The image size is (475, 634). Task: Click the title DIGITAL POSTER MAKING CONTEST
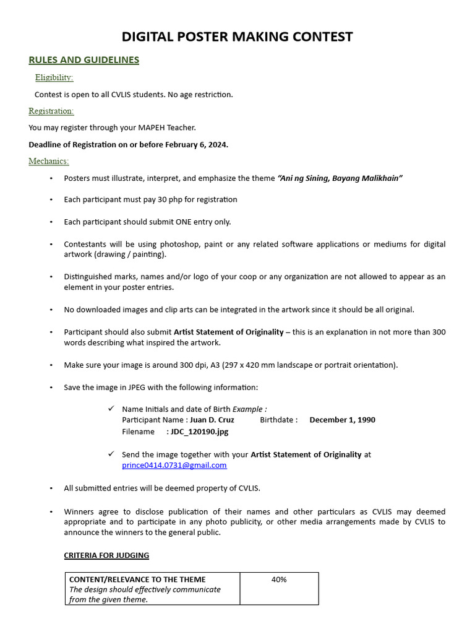pyautogui.click(x=237, y=37)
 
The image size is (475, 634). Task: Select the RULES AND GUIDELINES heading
pyautogui.click(x=83, y=60)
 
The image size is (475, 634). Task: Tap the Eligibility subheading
pyautogui.click(x=54, y=77)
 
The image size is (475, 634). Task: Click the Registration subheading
pyautogui.click(x=51, y=111)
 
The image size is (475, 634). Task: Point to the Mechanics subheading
pyautogui.click(x=49, y=161)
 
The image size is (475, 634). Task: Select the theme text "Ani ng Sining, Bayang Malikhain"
pyautogui.click(x=340, y=178)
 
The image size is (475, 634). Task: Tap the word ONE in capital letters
pyautogui.click(x=175, y=222)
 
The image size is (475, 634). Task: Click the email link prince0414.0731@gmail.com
pyautogui.click(x=174, y=465)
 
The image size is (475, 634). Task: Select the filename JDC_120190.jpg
pyautogui.click(x=200, y=432)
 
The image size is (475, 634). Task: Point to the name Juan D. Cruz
pyautogui.click(x=212, y=420)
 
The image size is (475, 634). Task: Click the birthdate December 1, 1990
pyautogui.click(x=342, y=420)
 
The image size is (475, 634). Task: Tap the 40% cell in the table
pyautogui.click(x=279, y=580)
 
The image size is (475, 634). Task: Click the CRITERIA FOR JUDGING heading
pyautogui.click(x=106, y=555)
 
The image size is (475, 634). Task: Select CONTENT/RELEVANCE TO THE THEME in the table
pyautogui.click(x=137, y=580)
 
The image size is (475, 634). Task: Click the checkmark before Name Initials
pyautogui.click(x=111, y=409)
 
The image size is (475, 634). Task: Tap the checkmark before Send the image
pyautogui.click(x=111, y=454)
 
